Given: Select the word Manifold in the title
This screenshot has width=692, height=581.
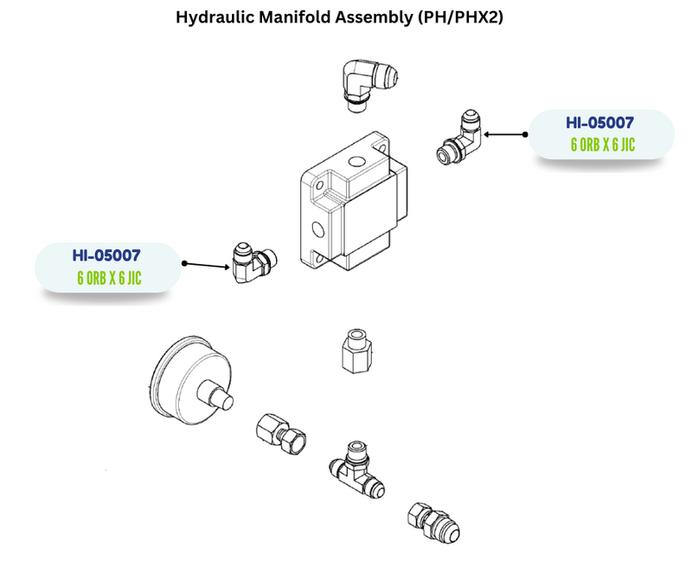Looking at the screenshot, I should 302,16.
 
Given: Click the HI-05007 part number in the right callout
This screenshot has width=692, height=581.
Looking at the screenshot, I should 601,123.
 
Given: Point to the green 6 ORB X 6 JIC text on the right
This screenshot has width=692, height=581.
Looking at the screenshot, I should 602,145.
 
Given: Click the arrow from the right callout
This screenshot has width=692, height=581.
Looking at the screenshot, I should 506,134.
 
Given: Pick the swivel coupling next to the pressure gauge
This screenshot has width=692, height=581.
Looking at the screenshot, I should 282,431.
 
